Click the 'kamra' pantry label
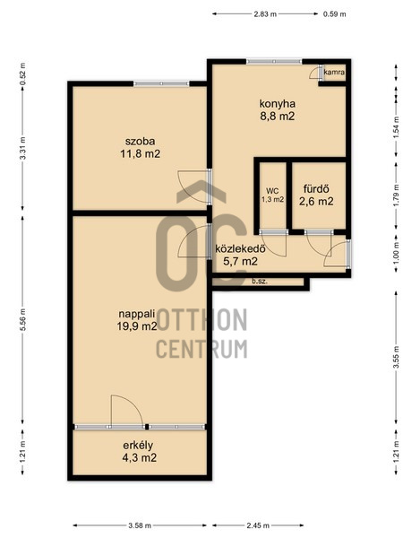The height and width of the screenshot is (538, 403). [x=334, y=73]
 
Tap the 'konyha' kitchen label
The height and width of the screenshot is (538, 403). [x=278, y=103]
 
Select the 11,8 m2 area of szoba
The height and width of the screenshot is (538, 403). [x=141, y=153]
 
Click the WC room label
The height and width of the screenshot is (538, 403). [x=272, y=191]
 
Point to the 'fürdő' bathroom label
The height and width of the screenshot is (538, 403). [x=316, y=188]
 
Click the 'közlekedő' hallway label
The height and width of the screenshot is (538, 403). [x=240, y=248]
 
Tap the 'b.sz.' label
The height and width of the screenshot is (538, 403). [x=260, y=282]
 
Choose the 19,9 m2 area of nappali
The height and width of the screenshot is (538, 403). [x=137, y=326]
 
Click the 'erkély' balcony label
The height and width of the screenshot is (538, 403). [x=138, y=445]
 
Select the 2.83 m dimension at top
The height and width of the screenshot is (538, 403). [x=265, y=14]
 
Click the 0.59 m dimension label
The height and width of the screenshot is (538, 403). [x=334, y=14]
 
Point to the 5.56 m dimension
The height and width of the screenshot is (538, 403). [x=22, y=320]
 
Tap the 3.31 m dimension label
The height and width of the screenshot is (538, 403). [x=22, y=148]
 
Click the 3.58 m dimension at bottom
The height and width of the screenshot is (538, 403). [x=140, y=525]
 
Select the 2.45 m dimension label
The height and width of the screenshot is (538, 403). [x=258, y=525]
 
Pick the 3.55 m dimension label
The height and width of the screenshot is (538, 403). [x=396, y=358]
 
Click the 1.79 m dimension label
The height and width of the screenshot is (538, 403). [x=396, y=195]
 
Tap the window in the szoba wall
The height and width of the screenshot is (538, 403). [x=161, y=83]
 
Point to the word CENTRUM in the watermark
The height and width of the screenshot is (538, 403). [x=201, y=349]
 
